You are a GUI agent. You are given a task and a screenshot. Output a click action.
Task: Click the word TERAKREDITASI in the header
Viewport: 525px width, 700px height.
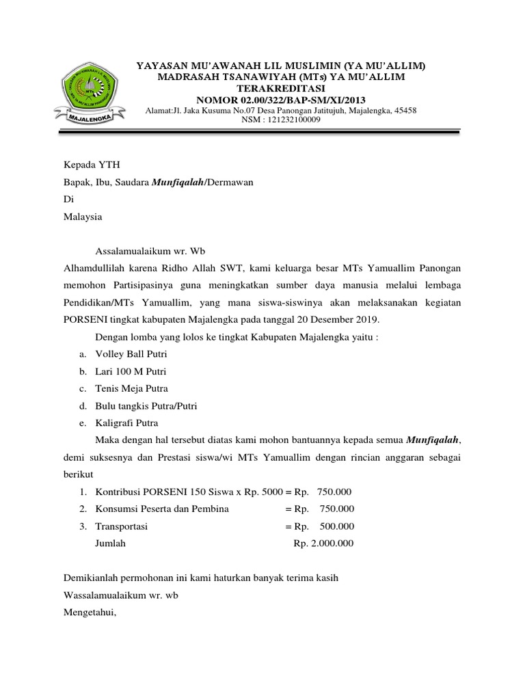280,89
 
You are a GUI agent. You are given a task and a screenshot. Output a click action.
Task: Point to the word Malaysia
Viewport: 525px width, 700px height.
83,217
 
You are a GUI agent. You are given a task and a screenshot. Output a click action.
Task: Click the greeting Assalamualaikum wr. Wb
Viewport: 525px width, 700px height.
146,252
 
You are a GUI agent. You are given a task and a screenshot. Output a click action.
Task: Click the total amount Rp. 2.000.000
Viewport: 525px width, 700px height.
324,543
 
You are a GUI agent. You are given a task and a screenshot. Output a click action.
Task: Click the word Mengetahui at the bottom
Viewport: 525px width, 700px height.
90,613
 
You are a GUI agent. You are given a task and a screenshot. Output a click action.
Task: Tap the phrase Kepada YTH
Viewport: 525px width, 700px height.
86,165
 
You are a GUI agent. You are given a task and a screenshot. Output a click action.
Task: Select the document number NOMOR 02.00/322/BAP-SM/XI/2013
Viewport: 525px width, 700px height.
280,100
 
